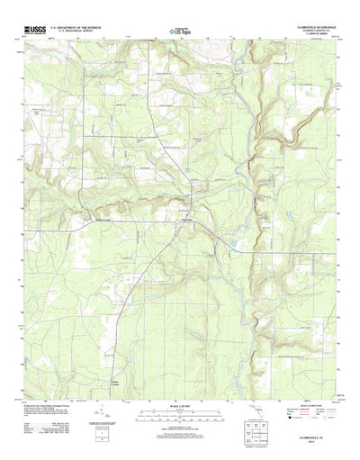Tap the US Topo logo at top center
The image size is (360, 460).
(x=180, y=32)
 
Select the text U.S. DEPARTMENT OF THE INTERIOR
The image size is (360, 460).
(x=76, y=28)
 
